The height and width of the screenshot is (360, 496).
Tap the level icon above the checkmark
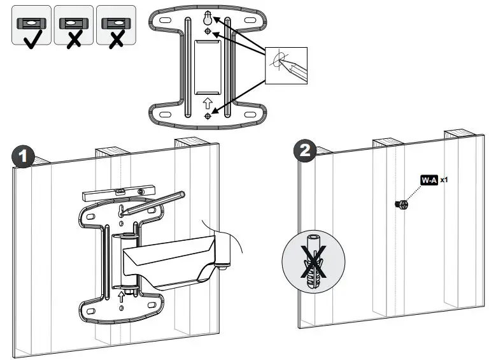click(31, 22)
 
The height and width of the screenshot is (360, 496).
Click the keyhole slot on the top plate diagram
click(207, 20)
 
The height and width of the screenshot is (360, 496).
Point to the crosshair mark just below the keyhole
click(208, 31)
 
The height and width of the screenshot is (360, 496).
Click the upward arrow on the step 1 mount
click(121, 295)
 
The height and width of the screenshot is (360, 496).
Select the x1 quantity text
click(444, 180)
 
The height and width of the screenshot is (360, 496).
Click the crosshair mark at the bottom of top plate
click(208, 116)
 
